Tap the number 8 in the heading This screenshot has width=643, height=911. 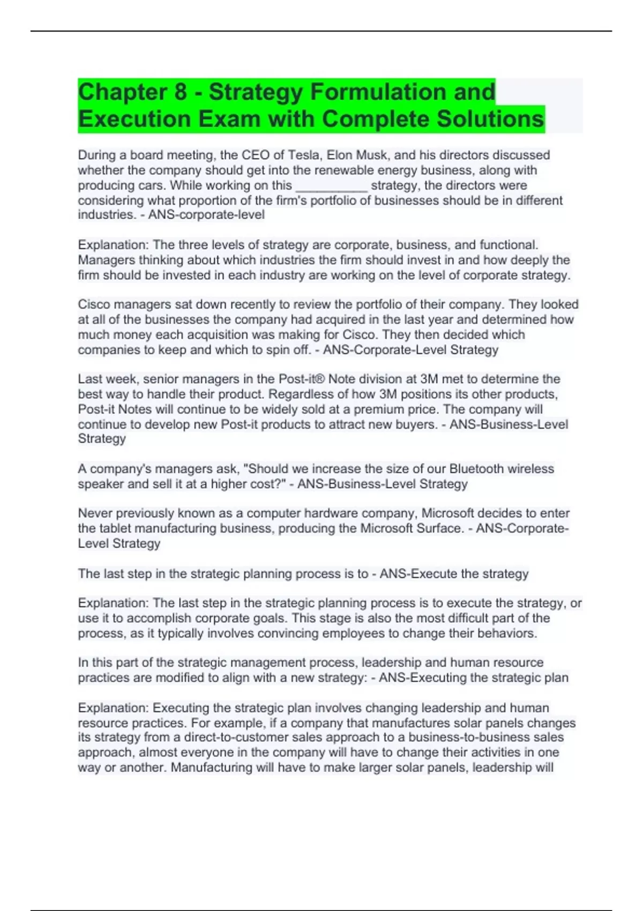(181, 92)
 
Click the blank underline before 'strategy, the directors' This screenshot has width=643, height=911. (332, 186)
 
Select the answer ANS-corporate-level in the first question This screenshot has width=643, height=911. (206, 215)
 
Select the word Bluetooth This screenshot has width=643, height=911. (476, 469)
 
